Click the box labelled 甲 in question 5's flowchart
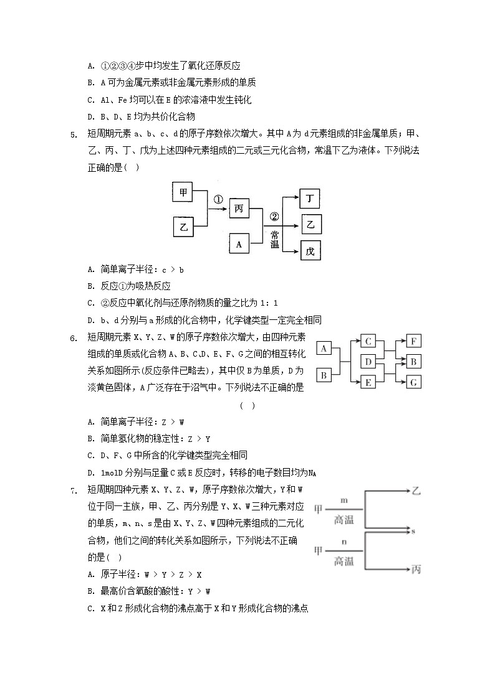click(183, 193)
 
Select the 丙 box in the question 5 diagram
click(239, 209)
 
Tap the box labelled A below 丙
click(239, 245)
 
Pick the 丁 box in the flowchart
click(310, 199)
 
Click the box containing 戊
click(310, 251)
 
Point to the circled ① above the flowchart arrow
click(218, 200)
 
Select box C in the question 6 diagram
click(369, 341)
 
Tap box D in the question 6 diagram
click(369, 362)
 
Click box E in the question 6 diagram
click(369, 383)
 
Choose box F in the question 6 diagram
click(413, 341)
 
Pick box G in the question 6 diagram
click(413, 383)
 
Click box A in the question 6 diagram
click(324, 349)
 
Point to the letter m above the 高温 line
click(344, 500)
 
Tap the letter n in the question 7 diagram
click(344, 541)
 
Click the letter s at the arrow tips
click(414, 530)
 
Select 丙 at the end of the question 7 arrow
click(416, 569)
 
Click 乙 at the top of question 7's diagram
click(416, 491)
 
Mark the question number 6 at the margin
click(73, 338)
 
